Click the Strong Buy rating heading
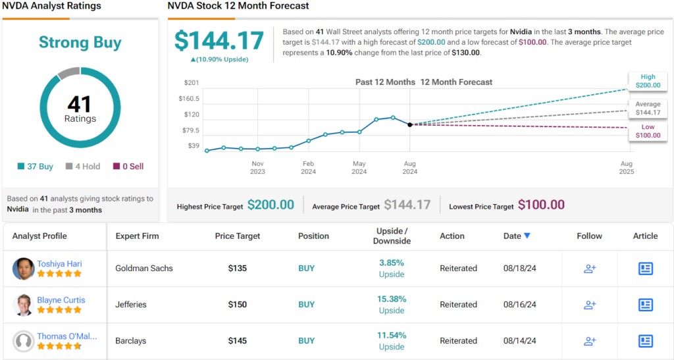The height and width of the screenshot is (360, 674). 80,43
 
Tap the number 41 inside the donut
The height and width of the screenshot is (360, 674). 80,104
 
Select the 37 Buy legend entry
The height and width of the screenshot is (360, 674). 36,167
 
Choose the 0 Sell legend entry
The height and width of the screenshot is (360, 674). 128,167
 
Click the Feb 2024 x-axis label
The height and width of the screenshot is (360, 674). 308,168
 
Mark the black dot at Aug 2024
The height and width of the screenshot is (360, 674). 410,124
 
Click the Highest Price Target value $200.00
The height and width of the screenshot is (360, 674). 271,205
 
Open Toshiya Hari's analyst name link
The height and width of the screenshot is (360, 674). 59,264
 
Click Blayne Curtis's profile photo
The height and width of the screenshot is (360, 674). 24,305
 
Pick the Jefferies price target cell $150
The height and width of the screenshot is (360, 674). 238,305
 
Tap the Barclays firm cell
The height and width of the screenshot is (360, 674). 131,341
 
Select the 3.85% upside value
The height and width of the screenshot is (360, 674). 392,263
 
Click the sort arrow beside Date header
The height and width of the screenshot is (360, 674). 527,236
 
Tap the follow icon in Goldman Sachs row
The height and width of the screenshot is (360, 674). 590,269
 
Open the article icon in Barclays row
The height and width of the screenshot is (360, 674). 645,341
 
